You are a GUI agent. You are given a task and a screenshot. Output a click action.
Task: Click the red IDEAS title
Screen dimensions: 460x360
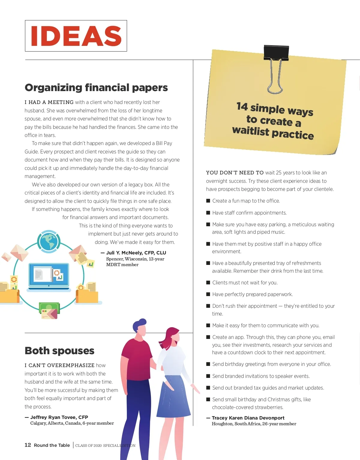click(x=76, y=36)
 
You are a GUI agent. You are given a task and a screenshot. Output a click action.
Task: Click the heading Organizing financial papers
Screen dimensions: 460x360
click(x=96, y=88)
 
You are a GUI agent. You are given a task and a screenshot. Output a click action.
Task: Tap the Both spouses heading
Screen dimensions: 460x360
click(x=59, y=351)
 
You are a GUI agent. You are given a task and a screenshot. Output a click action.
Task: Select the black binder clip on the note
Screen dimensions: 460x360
click(x=276, y=53)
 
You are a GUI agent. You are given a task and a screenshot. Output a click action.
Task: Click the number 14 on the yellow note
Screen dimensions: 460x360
click(x=242, y=106)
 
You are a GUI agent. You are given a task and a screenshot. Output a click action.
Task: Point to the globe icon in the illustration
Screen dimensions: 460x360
click(x=49, y=242)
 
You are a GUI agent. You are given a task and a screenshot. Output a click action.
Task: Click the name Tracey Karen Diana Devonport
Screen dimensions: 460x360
click(x=248, y=418)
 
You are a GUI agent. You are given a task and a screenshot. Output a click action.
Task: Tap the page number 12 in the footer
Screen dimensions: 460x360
click(x=28, y=445)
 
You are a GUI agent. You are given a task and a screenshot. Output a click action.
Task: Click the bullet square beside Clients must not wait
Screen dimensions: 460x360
click(x=208, y=283)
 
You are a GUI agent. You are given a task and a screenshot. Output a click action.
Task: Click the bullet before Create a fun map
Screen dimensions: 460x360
click(x=208, y=201)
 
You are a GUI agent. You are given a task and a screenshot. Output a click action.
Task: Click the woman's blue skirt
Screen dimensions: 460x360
click(x=174, y=396)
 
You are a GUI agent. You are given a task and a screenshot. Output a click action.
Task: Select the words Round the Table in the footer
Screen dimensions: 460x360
click(x=52, y=445)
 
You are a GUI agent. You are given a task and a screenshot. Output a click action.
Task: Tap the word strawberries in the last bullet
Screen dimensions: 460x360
click(x=267, y=407)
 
